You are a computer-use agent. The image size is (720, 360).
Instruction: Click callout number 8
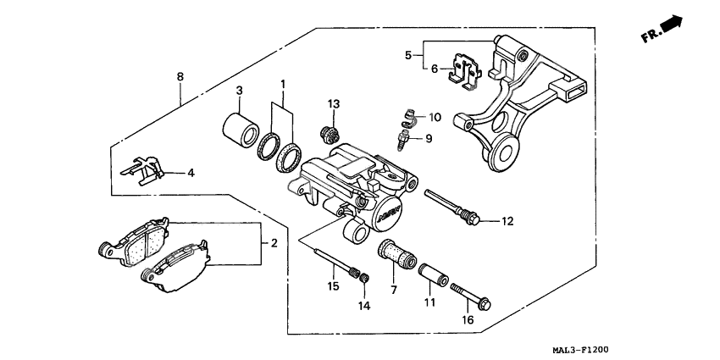(x=180, y=77)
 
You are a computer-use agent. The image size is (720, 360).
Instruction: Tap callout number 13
(x=334, y=104)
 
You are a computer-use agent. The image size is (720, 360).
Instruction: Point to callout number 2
(x=274, y=244)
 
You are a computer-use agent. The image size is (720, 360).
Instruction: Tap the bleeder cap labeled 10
(x=409, y=115)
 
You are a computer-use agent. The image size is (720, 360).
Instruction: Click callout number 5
(x=408, y=55)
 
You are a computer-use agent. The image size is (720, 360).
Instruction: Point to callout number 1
(x=284, y=86)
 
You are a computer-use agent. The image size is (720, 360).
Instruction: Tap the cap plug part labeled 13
(x=328, y=133)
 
